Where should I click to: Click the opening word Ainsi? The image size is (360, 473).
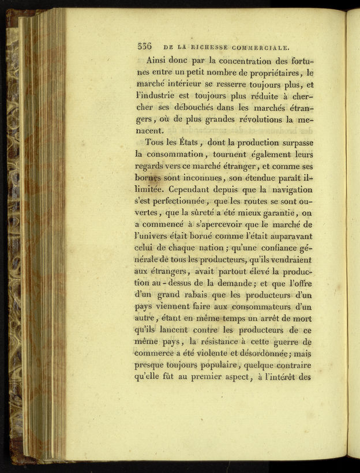coord(159,59)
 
